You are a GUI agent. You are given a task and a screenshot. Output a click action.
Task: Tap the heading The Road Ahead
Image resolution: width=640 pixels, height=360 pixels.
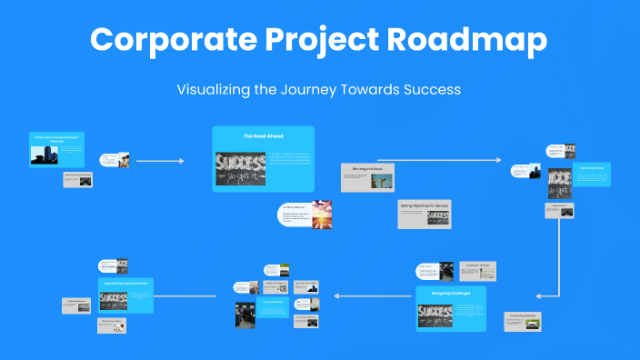pyautogui.click(x=263, y=135)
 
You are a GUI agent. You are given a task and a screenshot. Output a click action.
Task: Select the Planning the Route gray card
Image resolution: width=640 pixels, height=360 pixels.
pyautogui.click(x=367, y=176)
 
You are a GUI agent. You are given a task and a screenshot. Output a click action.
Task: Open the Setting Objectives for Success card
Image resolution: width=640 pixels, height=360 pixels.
pyautogui.click(x=425, y=215)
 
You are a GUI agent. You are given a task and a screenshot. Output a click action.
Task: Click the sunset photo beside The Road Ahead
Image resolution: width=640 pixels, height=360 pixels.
pyautogui.click(x=322, y=214)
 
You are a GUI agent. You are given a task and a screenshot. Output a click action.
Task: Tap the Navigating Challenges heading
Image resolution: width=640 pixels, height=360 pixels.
pyautogui.click(x=451, y=293)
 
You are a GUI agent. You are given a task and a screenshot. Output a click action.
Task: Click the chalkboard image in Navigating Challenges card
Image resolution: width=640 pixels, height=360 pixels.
pyautogui.click(x=435, y=314)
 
